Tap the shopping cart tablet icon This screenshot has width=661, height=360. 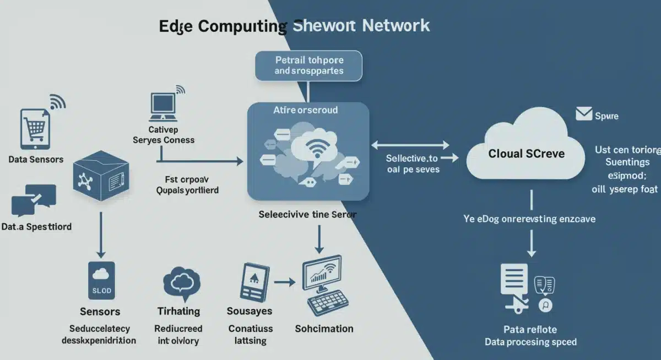coord(35,128)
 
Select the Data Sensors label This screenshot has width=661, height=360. coord(36,160)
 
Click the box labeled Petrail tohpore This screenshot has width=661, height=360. coord(308,66)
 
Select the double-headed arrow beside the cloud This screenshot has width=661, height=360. coord(410,145)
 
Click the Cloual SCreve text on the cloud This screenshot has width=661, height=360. coord(526,154)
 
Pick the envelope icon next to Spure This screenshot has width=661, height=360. coord(583,114)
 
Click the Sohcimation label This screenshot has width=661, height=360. coord(324,329)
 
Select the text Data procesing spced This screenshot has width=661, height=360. coord(530,342)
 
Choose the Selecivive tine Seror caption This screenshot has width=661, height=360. coord(307,215)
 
